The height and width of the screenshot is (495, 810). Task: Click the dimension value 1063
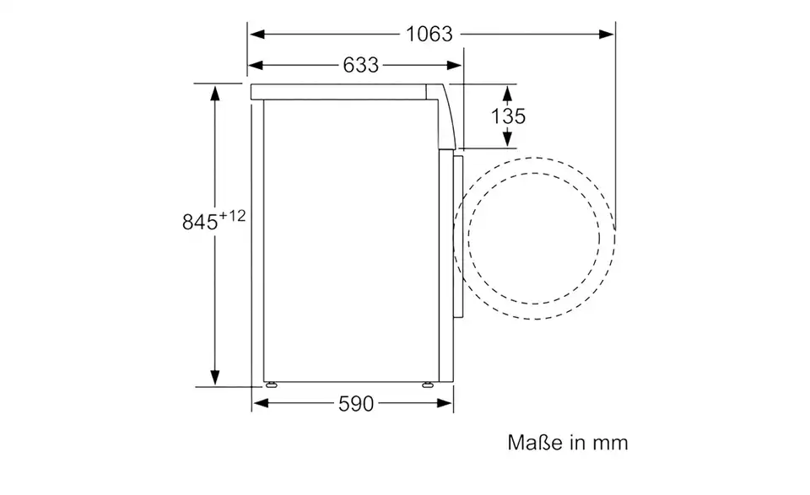point(429,34)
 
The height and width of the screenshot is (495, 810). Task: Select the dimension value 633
point(360,65)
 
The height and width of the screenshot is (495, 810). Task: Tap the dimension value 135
point(508,116)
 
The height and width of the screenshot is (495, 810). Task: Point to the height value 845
point(200,223)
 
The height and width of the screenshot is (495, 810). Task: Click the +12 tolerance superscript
point(232,217)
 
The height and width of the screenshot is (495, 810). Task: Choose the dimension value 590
point(355,404)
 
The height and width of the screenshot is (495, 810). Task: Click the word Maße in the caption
point(532,442)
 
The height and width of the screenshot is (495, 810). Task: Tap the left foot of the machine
point(272,384)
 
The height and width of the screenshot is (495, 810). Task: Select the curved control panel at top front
point(447,114)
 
